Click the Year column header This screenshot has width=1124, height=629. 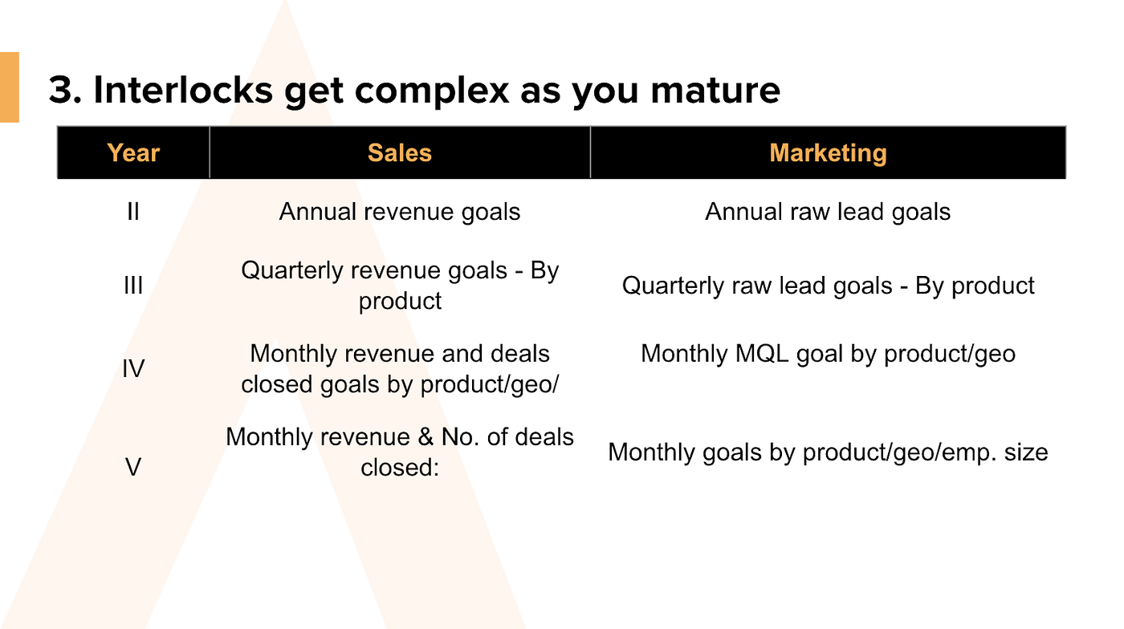[133, 153]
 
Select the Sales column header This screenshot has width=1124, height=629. [400, 153]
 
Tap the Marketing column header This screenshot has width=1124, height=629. [828, 153]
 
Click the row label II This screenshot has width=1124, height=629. [133, 212]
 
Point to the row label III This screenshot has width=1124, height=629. [133, 286]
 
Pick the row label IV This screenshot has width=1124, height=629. [133, 369]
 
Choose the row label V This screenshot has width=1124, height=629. [133, 468]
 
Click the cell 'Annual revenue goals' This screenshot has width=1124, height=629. [400, 212]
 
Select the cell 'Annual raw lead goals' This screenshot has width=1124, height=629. [828, 212]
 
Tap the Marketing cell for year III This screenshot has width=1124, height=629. [828, 286]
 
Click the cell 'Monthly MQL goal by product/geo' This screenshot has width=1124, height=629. [828, 354]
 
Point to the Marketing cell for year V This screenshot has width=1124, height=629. [828, 452]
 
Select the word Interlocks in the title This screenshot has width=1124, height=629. [183, 90]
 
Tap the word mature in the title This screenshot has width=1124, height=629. [715, 91]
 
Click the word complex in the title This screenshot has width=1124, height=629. [432, 91]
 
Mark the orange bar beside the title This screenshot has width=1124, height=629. [10, 87]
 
